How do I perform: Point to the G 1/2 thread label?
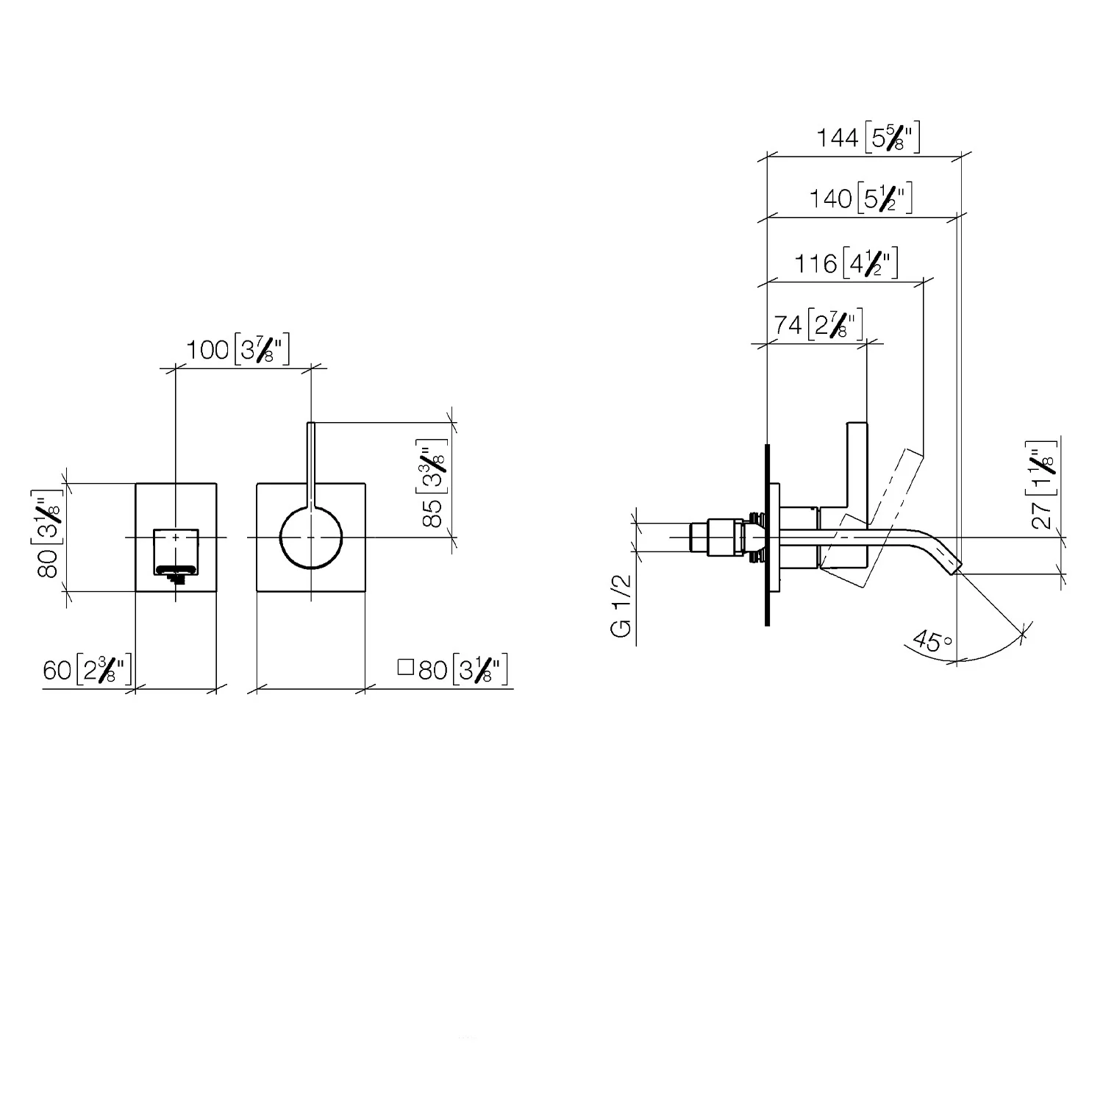pyautogui.click(x=622, y=607)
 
